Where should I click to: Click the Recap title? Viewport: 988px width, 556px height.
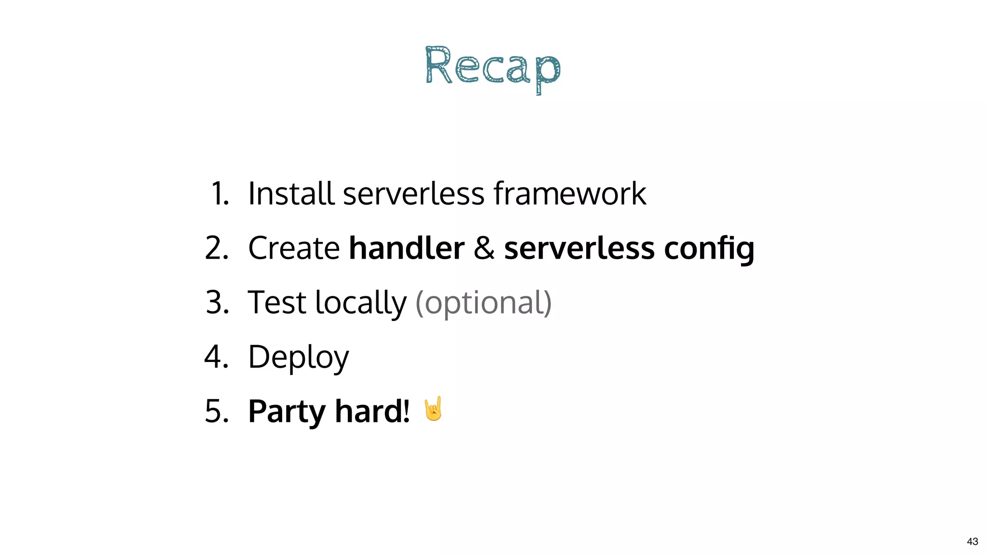[493, 69]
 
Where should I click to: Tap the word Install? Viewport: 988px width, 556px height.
[291, 194]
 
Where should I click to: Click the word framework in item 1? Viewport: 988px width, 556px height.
[570, 194]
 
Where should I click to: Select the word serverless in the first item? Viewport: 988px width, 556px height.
[413, 194]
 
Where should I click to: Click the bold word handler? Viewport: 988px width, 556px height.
[406, 248]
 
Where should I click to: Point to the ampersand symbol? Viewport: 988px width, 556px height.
[484, 248]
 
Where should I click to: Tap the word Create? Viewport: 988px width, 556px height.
[294, 248]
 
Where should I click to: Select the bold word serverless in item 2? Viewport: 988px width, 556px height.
[579, 248]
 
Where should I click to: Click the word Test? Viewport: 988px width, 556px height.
[277, 303]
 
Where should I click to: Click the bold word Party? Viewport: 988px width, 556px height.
[287, 412]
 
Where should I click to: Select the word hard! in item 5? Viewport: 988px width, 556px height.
[372, 411]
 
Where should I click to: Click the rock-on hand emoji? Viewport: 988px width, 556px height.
[433, 409]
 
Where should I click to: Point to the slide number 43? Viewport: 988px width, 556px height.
[972, 542]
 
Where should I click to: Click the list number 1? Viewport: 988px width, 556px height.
[220, 194]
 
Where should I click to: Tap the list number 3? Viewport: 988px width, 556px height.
[217, 303]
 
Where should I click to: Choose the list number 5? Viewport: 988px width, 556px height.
[217, 411]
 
